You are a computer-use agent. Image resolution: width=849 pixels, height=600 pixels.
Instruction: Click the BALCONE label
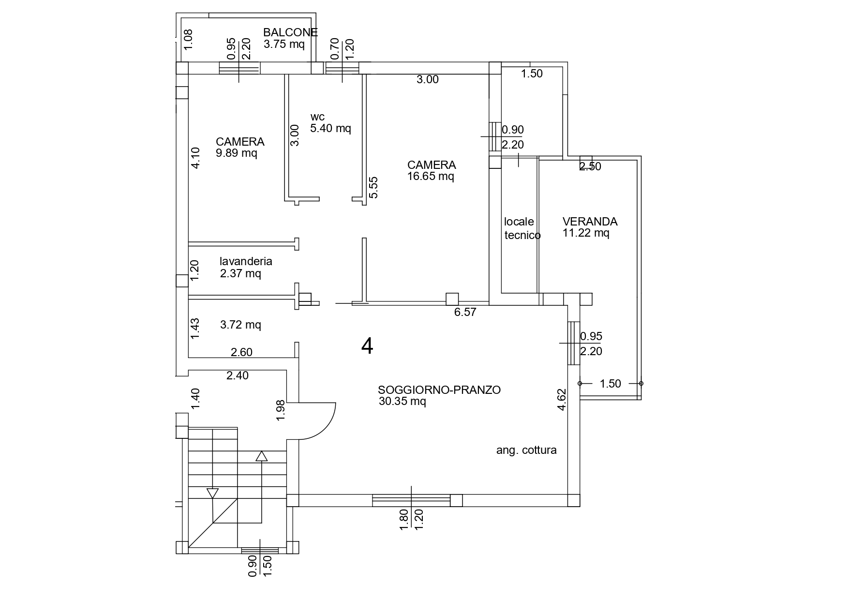pos(290,32)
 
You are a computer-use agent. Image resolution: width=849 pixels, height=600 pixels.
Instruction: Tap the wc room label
pos(317,117)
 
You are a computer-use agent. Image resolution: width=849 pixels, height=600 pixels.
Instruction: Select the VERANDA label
pos(590,222)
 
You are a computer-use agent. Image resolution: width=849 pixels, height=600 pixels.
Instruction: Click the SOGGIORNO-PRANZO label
pos(439,390)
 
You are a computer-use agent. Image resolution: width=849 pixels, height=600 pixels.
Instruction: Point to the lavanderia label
pos(246,261)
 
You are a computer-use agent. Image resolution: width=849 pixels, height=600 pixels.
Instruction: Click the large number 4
pos(367,346)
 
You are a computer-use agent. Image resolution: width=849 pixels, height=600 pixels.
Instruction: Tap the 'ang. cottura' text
pos(526,450)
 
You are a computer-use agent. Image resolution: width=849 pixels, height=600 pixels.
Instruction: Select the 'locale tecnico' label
pos(521,228)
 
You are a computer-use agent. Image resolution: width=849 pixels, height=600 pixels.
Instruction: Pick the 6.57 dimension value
pos(465,312)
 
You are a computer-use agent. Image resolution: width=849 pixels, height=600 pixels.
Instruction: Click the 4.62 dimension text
pos(562,400)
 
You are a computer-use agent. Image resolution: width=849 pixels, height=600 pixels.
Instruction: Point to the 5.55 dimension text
pos(373,187)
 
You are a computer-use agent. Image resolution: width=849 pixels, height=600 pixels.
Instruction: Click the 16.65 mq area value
pos(431,176)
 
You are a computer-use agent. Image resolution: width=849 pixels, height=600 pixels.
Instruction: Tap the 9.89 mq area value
pos(237,153)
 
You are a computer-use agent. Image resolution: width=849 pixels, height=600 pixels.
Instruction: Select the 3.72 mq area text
pos(240,325)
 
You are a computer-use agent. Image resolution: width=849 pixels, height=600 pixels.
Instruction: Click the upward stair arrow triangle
pos(261,456)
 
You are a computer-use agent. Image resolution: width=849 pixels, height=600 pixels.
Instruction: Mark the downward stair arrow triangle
pos(212,493)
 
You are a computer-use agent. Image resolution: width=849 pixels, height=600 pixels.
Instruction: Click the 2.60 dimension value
pos(241,352)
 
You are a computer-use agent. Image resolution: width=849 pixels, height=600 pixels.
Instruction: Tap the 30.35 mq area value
pos(402,401)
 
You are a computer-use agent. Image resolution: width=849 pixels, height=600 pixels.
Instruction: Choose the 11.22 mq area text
pos(586,233)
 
